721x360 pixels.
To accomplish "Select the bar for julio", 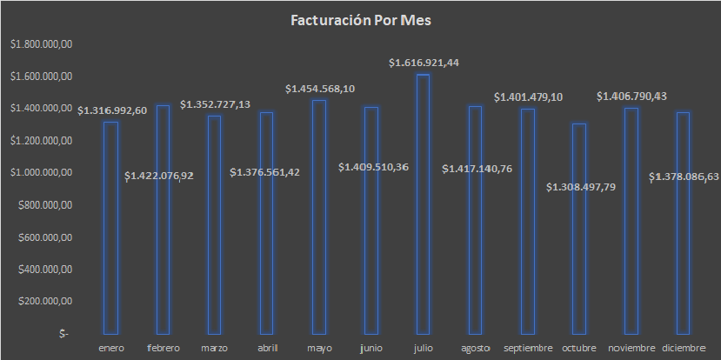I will (x=423, y=204).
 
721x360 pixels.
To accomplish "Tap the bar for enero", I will (x=110, y=228).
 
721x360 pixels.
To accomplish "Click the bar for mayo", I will (x=319, y=217).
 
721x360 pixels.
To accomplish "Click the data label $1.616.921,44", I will (x=424, y=63).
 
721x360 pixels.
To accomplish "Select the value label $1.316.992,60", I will (x=112, y=110).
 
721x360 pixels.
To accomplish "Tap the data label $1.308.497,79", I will (x=580, y=187).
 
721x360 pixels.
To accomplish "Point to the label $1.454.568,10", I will (x=320, y=89).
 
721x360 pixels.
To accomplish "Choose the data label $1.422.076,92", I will (x=159, y=176).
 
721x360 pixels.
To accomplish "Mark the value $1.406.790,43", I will (x=631, y=96).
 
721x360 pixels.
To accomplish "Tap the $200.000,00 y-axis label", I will (x=44, y=301).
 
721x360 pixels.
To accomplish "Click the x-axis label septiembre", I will (x=529, y=348).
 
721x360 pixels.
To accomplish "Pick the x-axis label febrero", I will (x=163, y=348).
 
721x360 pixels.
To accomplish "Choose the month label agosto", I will (x=476, y=348).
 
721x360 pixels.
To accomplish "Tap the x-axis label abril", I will (x=267, y=348).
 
